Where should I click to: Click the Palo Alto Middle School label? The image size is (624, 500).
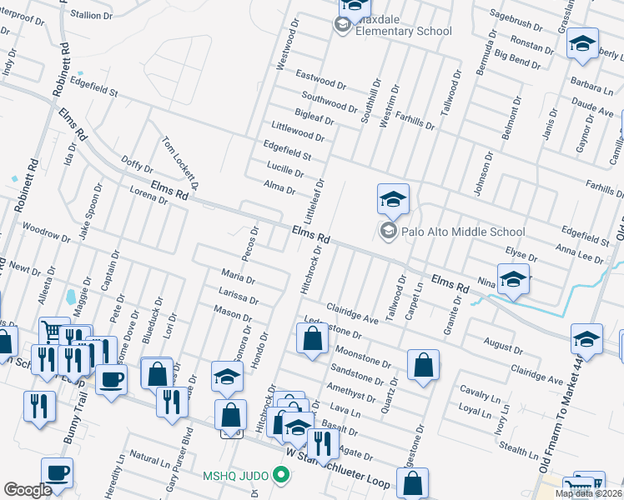tap(462, 232)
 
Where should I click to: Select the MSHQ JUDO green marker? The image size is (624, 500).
tap(281, 476)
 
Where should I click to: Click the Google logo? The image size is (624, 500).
tap(27, 490)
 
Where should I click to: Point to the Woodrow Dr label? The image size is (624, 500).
tap(45, 231)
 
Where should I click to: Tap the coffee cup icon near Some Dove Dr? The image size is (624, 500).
tap(111, 380)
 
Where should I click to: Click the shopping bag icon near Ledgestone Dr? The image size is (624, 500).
tap(312, 339)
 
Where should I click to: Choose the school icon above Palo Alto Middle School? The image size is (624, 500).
tap(393, 200)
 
